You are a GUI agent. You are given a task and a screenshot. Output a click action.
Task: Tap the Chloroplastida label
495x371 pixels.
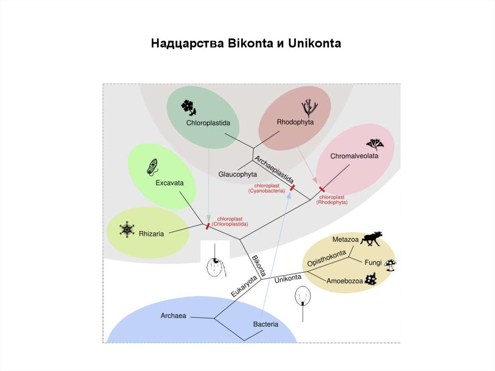[x=208, y=122]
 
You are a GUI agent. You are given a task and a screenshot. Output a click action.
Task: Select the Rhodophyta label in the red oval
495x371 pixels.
[x=295, y=122]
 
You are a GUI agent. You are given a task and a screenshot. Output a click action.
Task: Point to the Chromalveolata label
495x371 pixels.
[x=354, y=156]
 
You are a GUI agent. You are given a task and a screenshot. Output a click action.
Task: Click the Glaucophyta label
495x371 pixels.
[x=237, y=174]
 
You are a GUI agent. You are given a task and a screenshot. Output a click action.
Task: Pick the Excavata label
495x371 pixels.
[x=169, y=183]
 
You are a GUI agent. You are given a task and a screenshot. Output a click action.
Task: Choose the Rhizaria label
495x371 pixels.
[x=151, y=234]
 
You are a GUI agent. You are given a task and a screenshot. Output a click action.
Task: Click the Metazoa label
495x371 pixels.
[x=344, y=239]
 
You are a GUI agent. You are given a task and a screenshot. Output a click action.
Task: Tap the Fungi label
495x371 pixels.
[x=373, y=263]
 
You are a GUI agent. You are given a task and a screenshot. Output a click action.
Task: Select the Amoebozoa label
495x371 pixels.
[x=344, y=281]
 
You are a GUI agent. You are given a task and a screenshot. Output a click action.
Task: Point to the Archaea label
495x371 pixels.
[x=173, y=316]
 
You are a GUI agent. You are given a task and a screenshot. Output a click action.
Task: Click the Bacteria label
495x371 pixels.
[x=265, y=324]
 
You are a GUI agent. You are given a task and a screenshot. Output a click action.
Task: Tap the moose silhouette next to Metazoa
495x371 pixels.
[x=372, y=237]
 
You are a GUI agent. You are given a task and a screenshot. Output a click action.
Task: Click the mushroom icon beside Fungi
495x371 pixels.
[x=390, y=265]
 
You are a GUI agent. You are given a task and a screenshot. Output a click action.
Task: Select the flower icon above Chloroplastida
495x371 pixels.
[x=189, y=107]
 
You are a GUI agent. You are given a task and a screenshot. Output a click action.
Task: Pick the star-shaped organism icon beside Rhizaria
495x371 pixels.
[x=127, y=229]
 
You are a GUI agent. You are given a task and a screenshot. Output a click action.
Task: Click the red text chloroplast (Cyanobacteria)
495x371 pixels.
[x=267, y=188]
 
